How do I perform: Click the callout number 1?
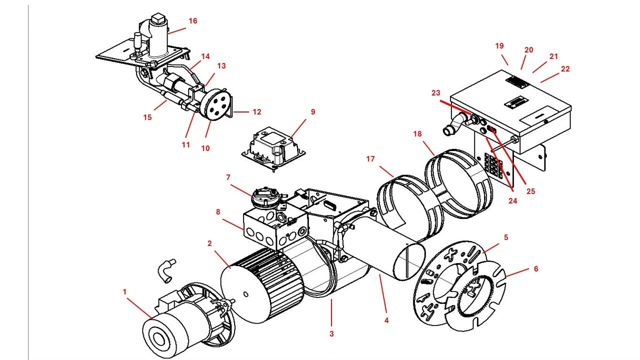[x=125, y=290]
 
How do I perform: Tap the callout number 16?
[x=193, y=21]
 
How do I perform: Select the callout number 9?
[x=313, y=111]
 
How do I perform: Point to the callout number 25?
[x=530, y=191]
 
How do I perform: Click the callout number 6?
[x=536, y=268]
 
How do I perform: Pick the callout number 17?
[x=370, y=159]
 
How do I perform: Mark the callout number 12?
[x=256, y=112]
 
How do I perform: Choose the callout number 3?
[x=331, y=333]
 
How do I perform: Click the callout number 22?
[x=565, y=69]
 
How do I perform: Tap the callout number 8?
[x=218, y=211]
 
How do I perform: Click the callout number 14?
[x=205, y=57]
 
